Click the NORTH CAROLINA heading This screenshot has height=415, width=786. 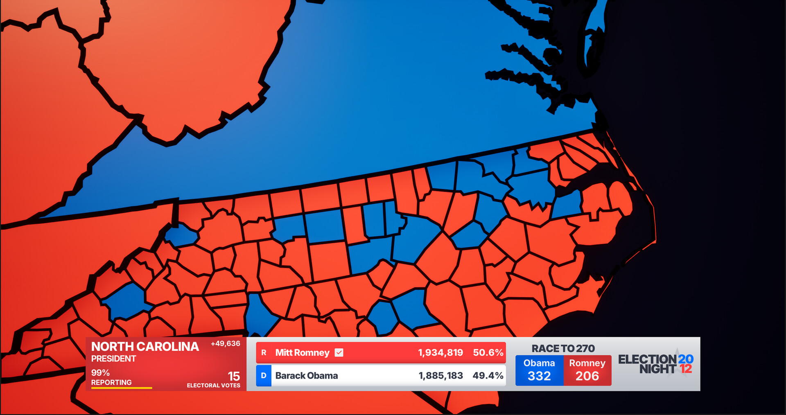tap(145, 347)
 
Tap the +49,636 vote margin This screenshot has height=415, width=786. tap(225, 344)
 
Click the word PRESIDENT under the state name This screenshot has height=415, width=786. tap(113, 359)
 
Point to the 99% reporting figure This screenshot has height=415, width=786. tap(100, 373)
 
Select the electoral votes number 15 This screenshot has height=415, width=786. tap(234, 376)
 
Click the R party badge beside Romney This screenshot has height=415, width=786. tap(264, 353)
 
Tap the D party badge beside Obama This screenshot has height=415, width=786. tap(264, 376)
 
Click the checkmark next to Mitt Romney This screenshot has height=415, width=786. tap(339, 353)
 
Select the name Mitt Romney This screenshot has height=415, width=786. tap(302, 353)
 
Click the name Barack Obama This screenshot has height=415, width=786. tap(307, 376)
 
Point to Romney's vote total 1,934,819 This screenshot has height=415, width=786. tap(440, 353)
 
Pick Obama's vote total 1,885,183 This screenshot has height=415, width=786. tap(440, 376)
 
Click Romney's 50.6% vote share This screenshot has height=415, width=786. tap(488, 353)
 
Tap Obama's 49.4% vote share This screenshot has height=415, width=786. tap(488, 376)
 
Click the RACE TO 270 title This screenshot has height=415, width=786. tap(563, 349)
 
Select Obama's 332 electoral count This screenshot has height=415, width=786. tap(539, 376)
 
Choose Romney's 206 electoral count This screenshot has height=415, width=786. tap(587, 376)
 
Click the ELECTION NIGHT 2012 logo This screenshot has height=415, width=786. tap(655, 364)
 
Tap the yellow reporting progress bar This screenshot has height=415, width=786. tap(122, 388)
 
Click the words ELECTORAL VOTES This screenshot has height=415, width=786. tap(213, 386)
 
